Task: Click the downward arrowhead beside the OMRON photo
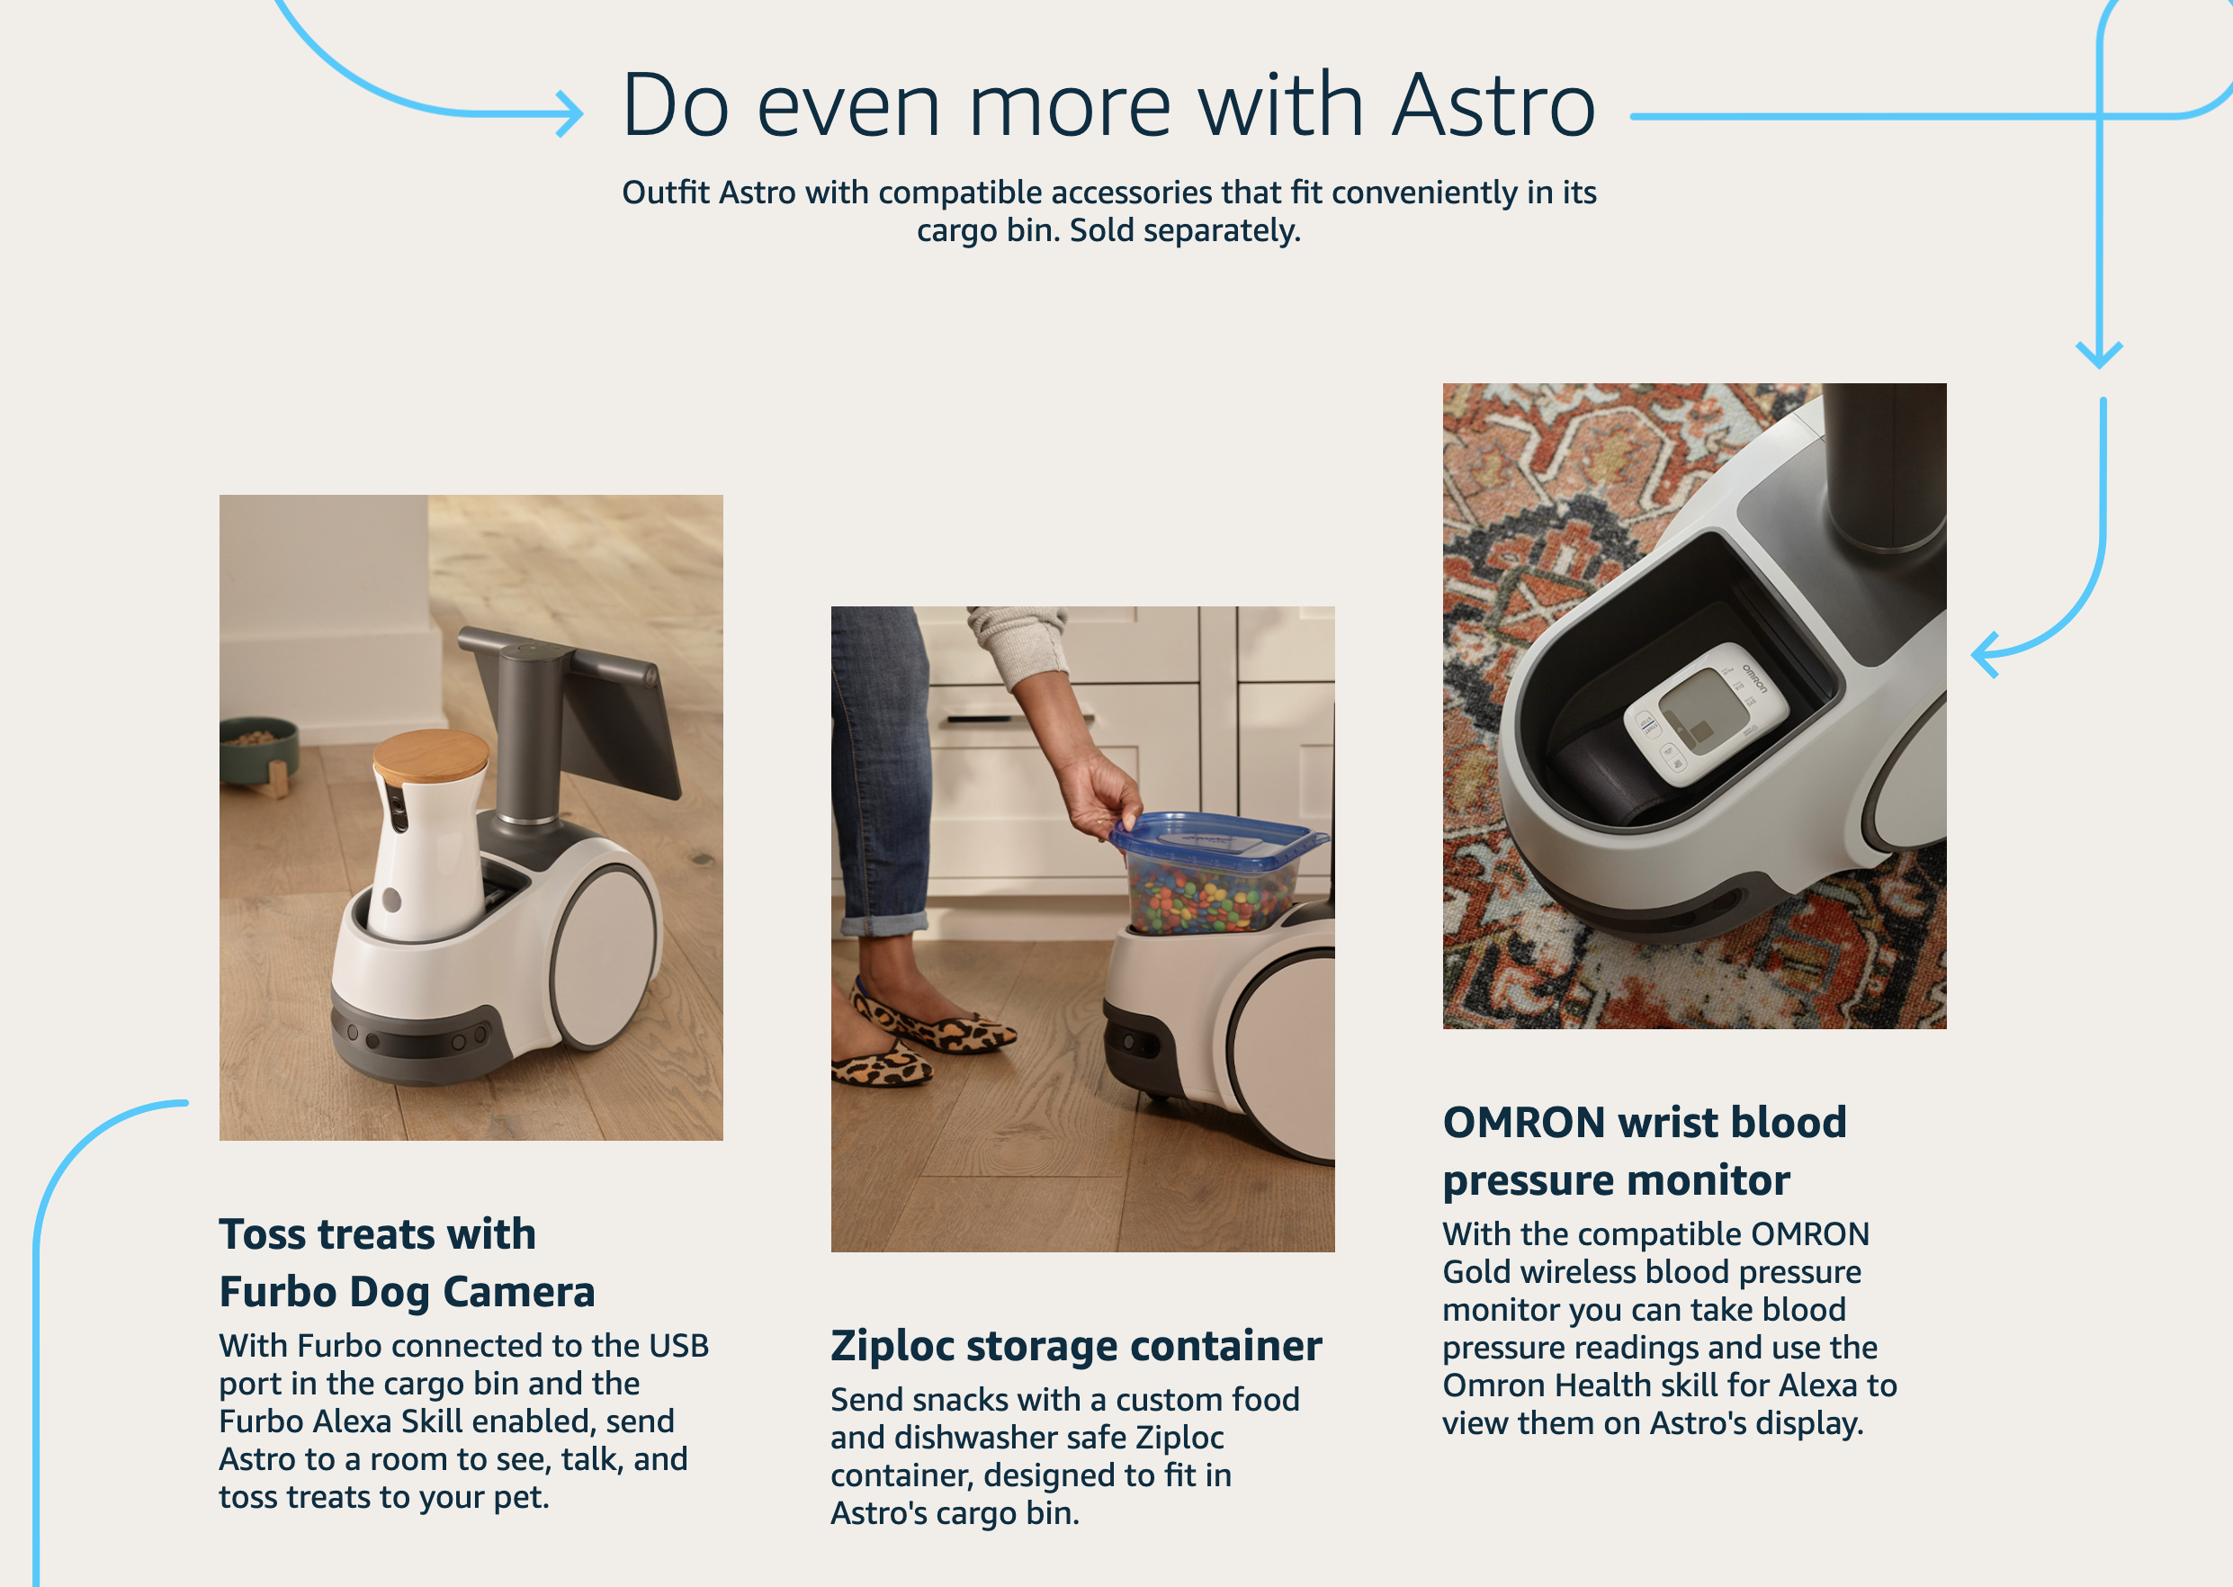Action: click(2098, 354)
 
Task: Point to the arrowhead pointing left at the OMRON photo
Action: click(1984, 654)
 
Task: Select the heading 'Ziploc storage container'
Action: click(1076, 1346)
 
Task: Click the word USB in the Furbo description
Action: click(678, 1346)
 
